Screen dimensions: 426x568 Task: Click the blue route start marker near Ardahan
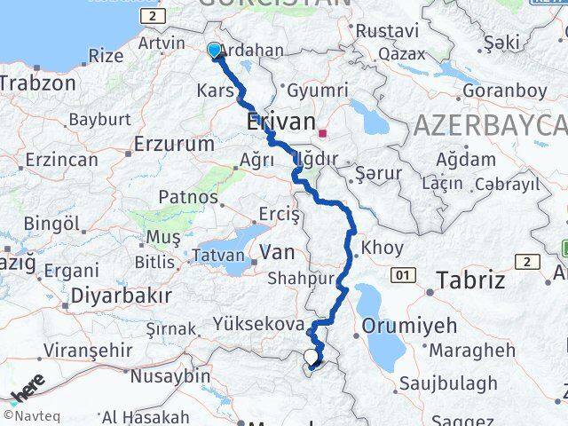214,51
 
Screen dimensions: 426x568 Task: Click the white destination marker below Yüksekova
311,358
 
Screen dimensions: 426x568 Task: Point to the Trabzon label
38,83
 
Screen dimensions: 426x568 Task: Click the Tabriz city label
470,281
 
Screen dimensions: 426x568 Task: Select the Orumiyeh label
409,325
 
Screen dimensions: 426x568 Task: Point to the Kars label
214,91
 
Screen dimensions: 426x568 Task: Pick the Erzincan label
62,160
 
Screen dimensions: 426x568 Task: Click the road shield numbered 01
405,276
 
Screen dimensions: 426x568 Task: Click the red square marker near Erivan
323,134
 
